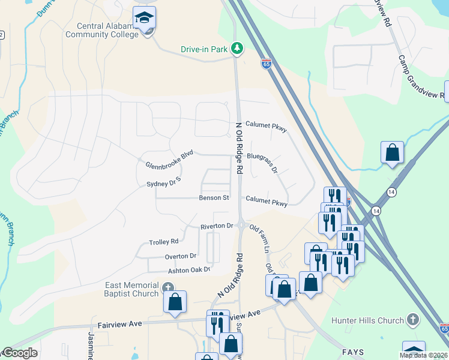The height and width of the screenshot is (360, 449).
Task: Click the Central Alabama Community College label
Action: [108, 30]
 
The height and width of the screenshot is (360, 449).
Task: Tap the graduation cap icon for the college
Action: [144, 18]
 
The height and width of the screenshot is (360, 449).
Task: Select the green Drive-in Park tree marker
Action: [238, 48]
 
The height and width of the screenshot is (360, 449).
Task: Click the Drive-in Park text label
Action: [204, 50]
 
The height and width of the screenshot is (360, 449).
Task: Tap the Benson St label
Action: [214, 197]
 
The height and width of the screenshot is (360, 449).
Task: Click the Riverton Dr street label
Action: [216, 226]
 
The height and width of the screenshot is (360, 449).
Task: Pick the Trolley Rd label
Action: [164, 242]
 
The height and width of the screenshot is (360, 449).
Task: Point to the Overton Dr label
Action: [181, 256]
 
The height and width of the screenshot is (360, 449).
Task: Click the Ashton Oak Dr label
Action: [189, 270]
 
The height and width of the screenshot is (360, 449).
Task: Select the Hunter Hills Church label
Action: [373, 321]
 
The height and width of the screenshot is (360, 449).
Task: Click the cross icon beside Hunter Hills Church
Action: [412, 320]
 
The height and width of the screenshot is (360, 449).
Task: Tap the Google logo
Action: [19, 353]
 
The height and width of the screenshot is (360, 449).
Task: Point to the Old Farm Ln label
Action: [261, 238]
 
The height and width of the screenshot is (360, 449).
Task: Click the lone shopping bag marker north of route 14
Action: [392, 152]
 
